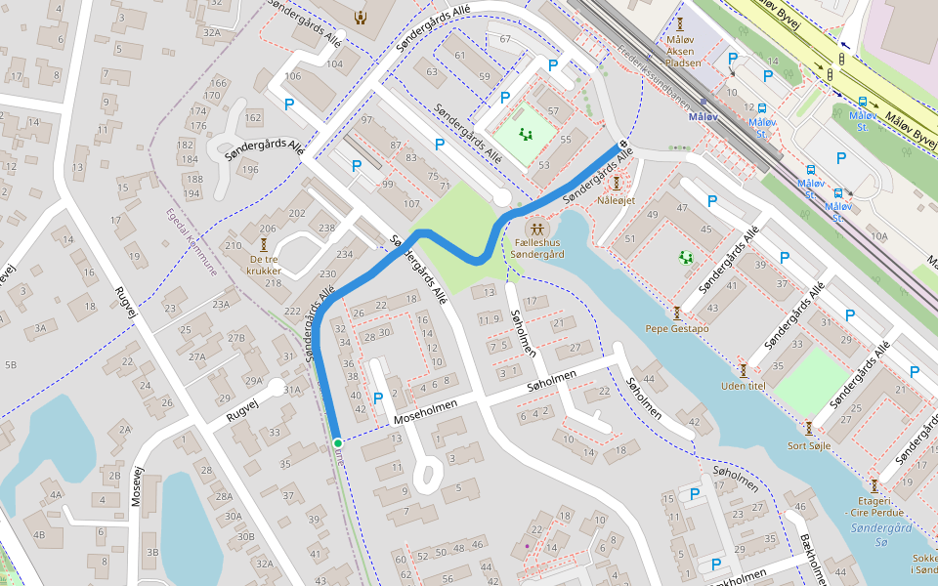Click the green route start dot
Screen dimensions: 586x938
click(x=337, y=443)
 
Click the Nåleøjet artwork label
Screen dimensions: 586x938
click(x=617, y=200)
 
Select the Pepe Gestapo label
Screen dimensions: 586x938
click(x=676, y=329)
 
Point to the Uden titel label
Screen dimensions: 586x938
click(x=743, y=385)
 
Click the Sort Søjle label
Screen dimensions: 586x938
click(x=809, y=444)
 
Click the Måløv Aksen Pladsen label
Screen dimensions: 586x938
click(x=683, y=50)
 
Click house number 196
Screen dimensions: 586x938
click(x=252, y=170)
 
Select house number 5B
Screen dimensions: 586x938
click(x=11, y=365)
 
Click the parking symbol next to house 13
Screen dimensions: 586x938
click(x=378, y=398)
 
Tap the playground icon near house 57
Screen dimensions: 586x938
click(x=527, y=136)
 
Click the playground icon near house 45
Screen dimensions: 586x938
click(x=686, y=258)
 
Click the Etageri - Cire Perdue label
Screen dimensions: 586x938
click(x=874, y=506)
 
